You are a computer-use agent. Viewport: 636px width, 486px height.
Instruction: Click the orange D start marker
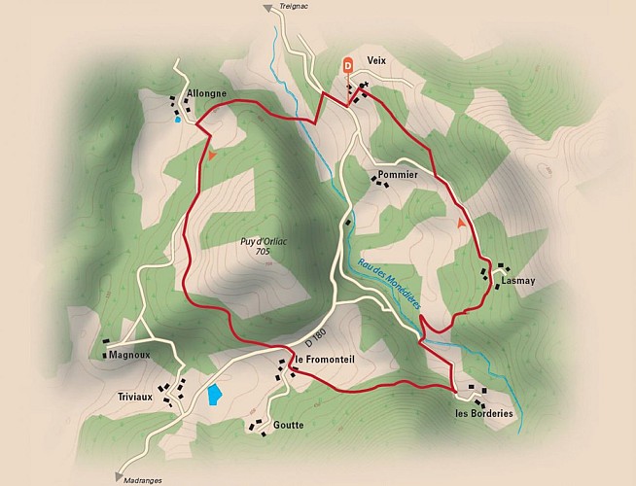tap(348, 65)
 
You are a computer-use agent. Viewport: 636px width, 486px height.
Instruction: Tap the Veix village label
tap(377, 60)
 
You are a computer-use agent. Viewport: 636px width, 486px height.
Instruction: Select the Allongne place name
tap(206, 93)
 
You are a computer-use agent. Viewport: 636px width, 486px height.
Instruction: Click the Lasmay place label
tap(517, 281)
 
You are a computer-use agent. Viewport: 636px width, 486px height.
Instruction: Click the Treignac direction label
tap(294, 7)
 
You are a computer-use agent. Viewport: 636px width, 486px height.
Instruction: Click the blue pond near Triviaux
tap(213, 395)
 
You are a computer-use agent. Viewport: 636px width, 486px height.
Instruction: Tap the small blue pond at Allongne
tap(177, 121)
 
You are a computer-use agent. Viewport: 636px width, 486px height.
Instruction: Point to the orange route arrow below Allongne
tap(211, 155)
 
